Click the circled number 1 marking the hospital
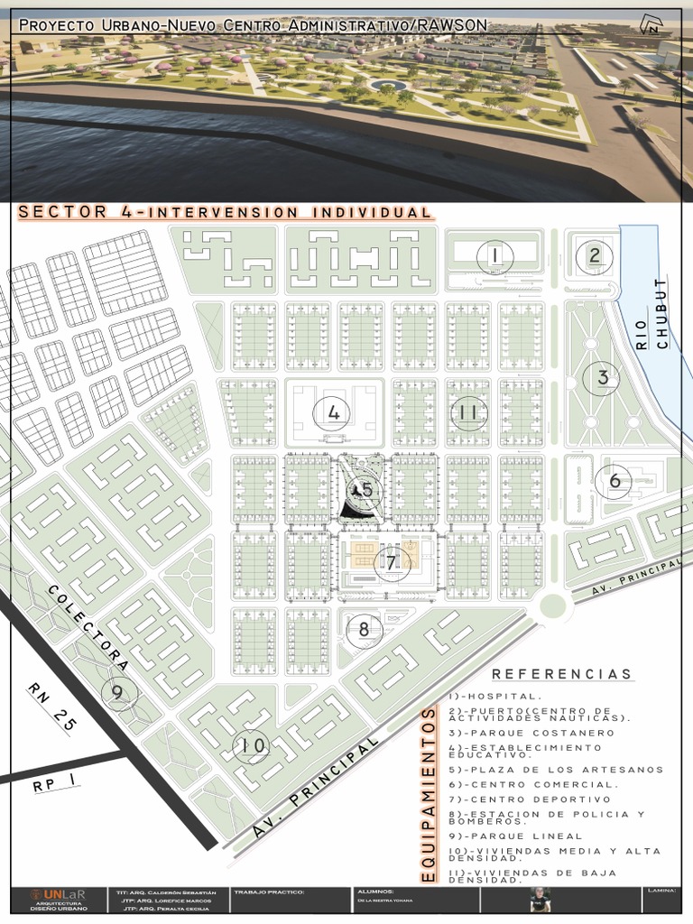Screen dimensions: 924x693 (494, 256)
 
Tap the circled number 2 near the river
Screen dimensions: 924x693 (594, 255)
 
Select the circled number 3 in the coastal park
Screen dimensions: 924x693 (602, 378)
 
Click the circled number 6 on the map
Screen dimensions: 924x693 (614, 481)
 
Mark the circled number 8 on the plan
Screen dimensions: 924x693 (364, 629)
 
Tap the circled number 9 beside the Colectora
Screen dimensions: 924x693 (117, 692)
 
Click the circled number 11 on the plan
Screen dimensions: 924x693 (467, 412)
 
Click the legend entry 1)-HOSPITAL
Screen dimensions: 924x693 (494, 696)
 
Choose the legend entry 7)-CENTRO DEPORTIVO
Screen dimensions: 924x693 (528, 799)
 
